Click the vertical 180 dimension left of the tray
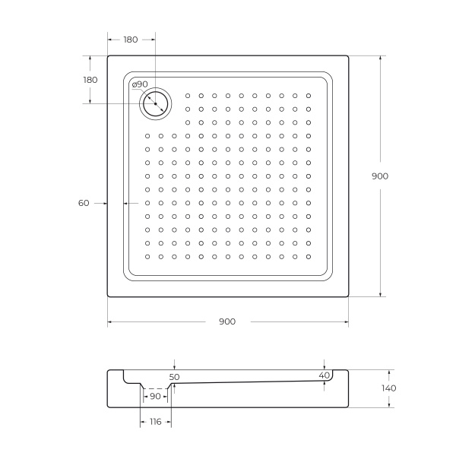click(90, 80)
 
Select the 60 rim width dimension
click(84, 203)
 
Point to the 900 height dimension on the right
click(380, 176)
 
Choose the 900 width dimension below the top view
click(227, 321)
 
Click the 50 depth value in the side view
click(174, 376)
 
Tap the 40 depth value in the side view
click(325, 375)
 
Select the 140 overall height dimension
click(388, 388)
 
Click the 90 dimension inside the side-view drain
click(155, 396)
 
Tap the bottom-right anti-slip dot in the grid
click(308, 256)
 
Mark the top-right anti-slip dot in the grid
click(308, 96)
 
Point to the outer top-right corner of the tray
click(349, 55)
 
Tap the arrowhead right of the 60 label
click(126, 203)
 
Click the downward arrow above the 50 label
click(174, 367)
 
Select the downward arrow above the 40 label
click(325, 366)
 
